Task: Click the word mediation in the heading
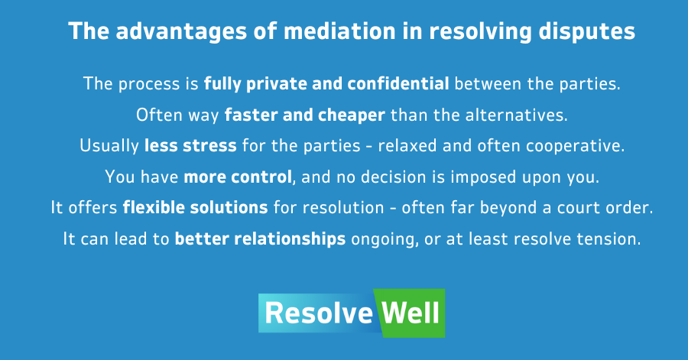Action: [x=339, y=31]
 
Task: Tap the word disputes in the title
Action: [x=586, y=32]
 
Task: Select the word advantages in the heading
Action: [x=182, y=32]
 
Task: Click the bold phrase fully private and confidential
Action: [x=326, y=84]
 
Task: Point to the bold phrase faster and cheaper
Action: [x=305, y=115]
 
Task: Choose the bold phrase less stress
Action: [x=190, y=145]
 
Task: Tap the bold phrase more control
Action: [x=238, y=177]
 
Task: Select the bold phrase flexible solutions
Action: [x=195, y=207]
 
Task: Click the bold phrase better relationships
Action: [x=260, y=239]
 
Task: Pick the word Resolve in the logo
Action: [x=319, y=313]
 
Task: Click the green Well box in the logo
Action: [x=410, y=313]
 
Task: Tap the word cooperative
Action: [x=575, y=146]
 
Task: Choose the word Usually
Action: [x=109, y=146]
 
